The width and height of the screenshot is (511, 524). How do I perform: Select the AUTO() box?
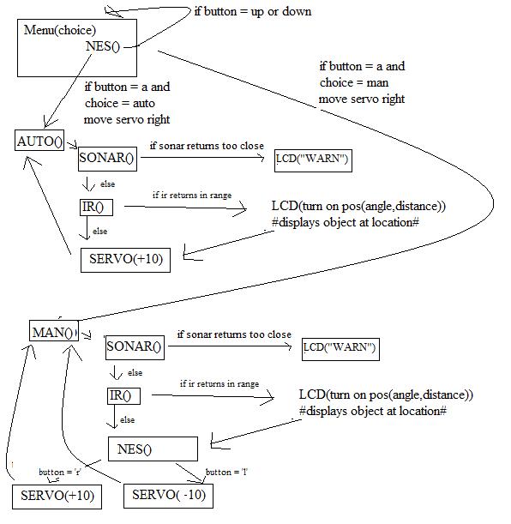pyautogui.click(x=39, y=142)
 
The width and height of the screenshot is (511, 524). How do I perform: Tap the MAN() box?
pyautogui.click(x=53, y=332)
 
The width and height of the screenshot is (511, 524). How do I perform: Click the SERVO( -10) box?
pyautogui.click(x=168, y=496)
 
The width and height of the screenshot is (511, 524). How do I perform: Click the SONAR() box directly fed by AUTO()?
pyautogui.click(x=107, y=157)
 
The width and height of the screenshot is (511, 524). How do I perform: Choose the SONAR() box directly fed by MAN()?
pyautogui.click(x=134, y=347)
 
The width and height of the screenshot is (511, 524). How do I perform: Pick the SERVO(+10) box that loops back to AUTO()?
pyautogui.click(x=124, y=260)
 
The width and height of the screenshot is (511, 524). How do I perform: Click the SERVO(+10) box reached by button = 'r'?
pyautogui.click(x=57, y=496)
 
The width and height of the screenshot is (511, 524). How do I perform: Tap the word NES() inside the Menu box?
pyautogui.click(x=103, y=46)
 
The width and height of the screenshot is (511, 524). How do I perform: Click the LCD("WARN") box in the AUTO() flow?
pyautogui.click(x=313, y=160)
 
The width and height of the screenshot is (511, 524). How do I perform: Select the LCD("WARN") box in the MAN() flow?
pyautogui.click(x=340, y=349)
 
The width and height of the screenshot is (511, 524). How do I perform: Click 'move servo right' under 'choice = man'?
pyautogui.click(x=361, y=99)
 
